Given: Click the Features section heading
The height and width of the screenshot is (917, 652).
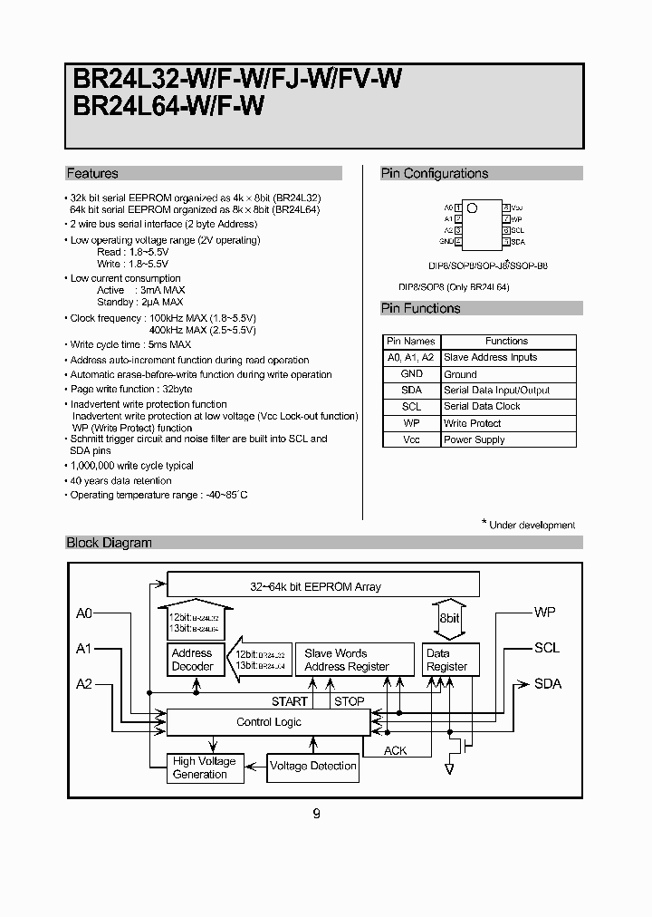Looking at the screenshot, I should pyautogui.click(x=92, y=173).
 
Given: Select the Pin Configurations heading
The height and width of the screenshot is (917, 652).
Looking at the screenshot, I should pyautogui.click(x=435, y=173).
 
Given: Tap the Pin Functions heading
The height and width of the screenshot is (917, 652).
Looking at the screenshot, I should pyautogui.click(x=421, y=308).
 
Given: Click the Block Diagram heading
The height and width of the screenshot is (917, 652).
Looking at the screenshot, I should pyautogui.click(x=110, y=543).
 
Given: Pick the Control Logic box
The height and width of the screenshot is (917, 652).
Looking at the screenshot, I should pyautogui.click(x=269, y=722).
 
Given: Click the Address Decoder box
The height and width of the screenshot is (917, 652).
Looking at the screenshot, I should pyautogui.click(x=193, y=660).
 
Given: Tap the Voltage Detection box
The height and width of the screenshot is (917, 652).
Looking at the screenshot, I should pyautogui.click(x=313, y=766).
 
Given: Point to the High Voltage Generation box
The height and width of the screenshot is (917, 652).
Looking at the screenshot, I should pyautogui.click(x=205, y=767).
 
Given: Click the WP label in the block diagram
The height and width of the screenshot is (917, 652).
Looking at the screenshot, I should pyautogui.click(x=544, y=613).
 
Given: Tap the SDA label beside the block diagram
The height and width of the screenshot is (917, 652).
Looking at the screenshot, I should pyautogui.click(x=548, y=683).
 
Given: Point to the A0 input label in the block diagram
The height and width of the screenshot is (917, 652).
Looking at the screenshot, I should pyautogui.click(x=84, y=613).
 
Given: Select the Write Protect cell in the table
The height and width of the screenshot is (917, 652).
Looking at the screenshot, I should pyautogui.click(x=473, y=423).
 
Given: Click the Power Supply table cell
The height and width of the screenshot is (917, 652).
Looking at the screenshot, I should pyautogui.click(x=475, y=439).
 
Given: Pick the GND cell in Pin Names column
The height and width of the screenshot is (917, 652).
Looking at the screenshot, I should pyautogui.click(x=411, y=373).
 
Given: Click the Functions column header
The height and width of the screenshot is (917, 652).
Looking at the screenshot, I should pyautogui.click(x=506, y=341).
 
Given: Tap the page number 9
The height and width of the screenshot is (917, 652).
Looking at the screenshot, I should pyautogui.click(x=316, y=814).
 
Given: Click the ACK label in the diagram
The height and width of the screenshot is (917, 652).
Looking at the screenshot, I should pyautogui.click(x=396, y=750).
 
